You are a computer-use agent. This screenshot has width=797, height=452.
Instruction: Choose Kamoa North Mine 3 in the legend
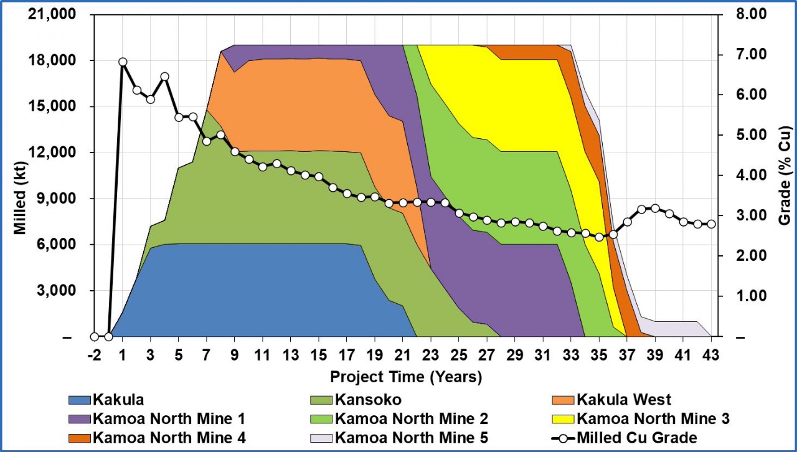(x=653, y=418)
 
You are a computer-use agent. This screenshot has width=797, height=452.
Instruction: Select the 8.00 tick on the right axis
(x=744, y=14)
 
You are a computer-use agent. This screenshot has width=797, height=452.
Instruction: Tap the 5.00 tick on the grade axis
(x=744, y=135)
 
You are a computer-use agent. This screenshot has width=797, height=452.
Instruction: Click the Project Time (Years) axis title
(x=405, y=377)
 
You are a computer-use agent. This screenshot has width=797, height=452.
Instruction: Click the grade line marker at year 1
(x=123, y=62)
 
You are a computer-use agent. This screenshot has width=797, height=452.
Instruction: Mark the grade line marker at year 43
(x=711, y=224)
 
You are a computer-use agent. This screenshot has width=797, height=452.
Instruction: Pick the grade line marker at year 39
(x=655, y=209)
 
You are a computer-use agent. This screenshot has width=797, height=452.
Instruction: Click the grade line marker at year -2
(x=94, y=337)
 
